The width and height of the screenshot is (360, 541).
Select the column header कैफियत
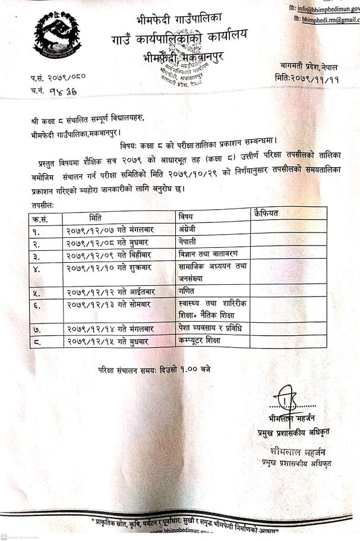coord(265,213)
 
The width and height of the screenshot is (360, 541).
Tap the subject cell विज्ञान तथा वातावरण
coord(209,254)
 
